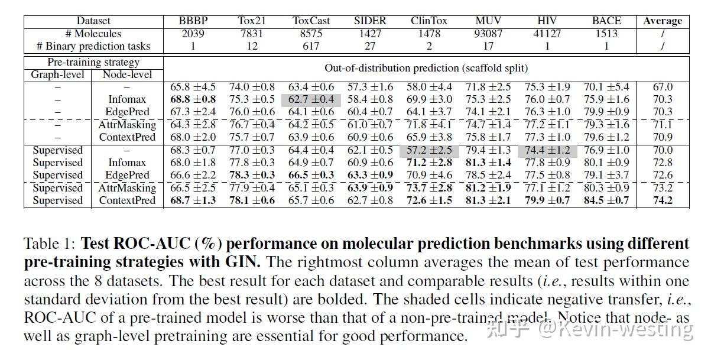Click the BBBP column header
pyautogui.click(x=193, y=21)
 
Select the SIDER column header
pyautogui.click(x=370, y=21)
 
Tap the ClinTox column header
pyautogui.click(x=429, y=21)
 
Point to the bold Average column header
pyautogui.click(x=663, y=21)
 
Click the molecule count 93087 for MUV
pyautogui.click(x=488, y=34)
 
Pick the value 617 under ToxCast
pyautogui.click(x=311, y=46)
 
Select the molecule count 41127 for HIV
pyautogui.click(x=547, y=34)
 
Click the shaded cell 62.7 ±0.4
pyautogui.click(x=311, y=99)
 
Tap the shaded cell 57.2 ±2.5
pyautogui.click(x=429, y=150)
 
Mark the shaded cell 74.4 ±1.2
pyautogui.click(x=547, y=150)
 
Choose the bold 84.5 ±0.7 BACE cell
pyautogui.click(x=606, y=200)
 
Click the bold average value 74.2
pyautogui.click(x=663, y=200)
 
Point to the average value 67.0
pyautogui.click(x=663, y=87)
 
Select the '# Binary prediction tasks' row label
pyautogui.click(x=93, y=46)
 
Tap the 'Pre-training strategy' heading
pyautogui.click(x=93, y=62)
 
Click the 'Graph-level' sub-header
pyautogui.click(x=57, y=74)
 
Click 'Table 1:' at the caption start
pyautogui.click(x=50, y=244)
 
